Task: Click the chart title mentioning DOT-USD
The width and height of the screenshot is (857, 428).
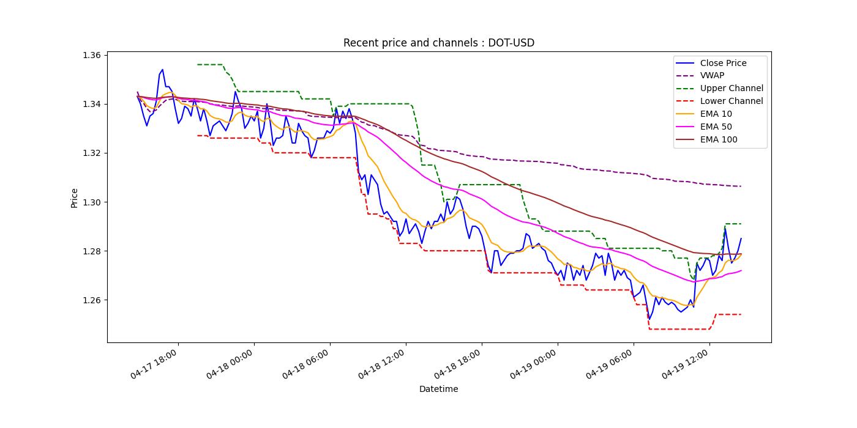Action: pyautogui.click(x=438, y=43)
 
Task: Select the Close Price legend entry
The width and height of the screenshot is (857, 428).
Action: pyautogui.click(x=723, y=63)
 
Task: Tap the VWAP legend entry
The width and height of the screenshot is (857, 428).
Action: pyautogui.click(x=712, y=76)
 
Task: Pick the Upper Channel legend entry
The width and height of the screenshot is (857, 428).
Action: pyautogui.click(x=732, y=89)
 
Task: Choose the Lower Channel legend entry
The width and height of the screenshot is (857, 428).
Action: pyautogui.click(x=732, y=101)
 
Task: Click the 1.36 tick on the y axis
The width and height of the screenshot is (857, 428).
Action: pyautogui.click(x=91, y=55)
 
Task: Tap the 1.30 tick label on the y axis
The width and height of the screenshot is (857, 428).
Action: pyautogui.click(x=91, y=202)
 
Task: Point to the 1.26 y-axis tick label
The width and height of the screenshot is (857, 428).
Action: pyautogui.click(x=91, y=300)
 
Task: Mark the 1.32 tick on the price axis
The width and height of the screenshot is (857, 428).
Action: pyautogui.click(x=91, y=153)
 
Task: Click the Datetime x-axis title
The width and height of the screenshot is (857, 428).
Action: pyautogui.click(x=438, y=389)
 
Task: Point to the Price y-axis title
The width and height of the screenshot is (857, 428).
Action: pyautogui.click(x=75, y=197)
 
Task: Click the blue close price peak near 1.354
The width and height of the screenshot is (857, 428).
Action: pyautogui.click(x=162, y=70)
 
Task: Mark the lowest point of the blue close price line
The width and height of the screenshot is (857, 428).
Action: pyautogui.click(x=649, y=319)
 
